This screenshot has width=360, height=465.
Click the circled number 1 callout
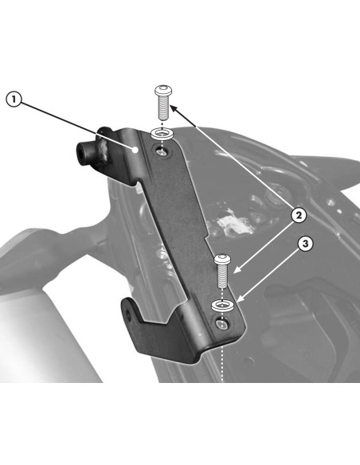[x=14, y=99]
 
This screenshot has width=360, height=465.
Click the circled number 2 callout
[x=299, y=215]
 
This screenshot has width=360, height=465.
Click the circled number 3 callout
[x=305, y=244]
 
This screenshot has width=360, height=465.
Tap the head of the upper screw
[x=162, y=90]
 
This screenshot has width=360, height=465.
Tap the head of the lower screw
[x=222, y=259]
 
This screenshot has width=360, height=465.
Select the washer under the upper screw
[x=162, y=134]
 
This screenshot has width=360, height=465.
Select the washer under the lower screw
[x=222, y=306]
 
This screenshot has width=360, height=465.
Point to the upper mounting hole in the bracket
[x=162, y=152]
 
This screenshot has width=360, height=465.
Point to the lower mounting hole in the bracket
[x=222, y=324]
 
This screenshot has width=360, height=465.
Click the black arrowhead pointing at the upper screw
[x=174, y=109]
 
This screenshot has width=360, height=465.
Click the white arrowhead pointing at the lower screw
[x=237, y=270]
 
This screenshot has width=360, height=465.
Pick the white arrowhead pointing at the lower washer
[x=241, y=299]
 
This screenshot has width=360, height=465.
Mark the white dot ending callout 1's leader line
[x=135, y=150]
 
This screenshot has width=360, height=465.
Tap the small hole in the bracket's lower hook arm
[x=127, y=315]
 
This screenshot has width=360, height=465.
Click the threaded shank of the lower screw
[x=222, y=276]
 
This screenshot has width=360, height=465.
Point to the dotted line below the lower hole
[x=222, y=356]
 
